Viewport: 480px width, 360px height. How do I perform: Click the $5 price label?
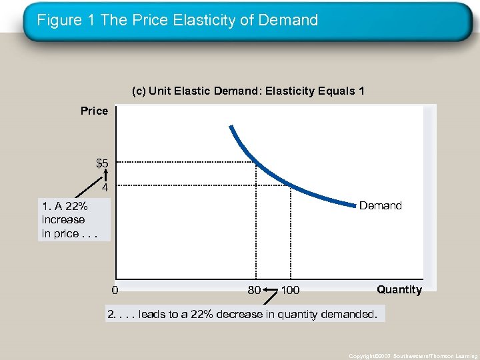pyautogui.click(x=103, y=163)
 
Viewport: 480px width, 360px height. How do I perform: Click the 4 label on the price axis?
pyautogui.click(x=105, y=188)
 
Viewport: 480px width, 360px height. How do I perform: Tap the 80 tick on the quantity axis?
pyautogui.click(x=254, y=290)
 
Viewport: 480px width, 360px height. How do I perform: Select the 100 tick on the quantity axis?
pyautogui.click(x=290, y=290)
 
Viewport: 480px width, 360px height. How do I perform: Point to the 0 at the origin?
pyautogui.click(x=115, y=290)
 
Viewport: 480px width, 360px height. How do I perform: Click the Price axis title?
pyautogui.click(x=94, y=111)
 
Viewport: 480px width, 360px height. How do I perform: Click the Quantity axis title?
pyautogui.click(x=399, y=289)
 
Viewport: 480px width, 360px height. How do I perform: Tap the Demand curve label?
pyautogui.click(x=380, y=205)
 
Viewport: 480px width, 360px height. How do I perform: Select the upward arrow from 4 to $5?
pyautogui.click(x=105, y=175)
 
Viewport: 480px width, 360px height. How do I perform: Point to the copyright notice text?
pyautogui.click(x=413, y=356)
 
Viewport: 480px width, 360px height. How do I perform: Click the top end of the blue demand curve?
pyautogui.click(x=230, y=125)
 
